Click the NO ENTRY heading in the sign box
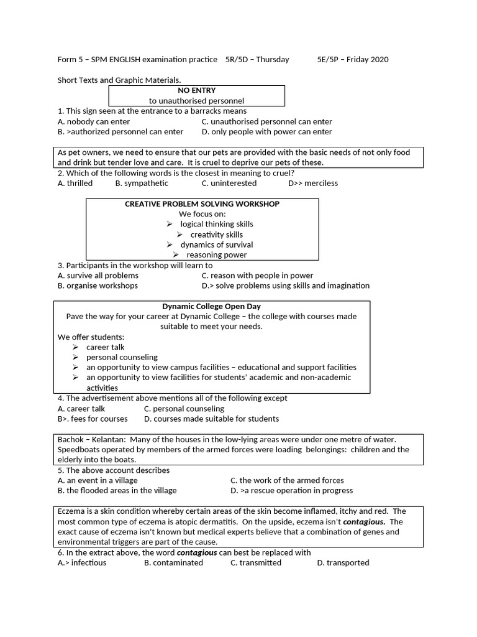[197, 91]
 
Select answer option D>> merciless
[313, 184]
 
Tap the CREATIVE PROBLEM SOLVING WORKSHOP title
[202, 204]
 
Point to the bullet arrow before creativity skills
[179, 235]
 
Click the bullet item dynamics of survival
[217, 244]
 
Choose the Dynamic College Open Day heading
[212, 306]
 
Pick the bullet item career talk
[106, 347]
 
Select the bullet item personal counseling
[122, 357]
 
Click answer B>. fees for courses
[93, 419]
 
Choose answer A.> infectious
[82, 562]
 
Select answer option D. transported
[343, 562]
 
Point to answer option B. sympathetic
[142, 184]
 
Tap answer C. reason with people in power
[257, 276]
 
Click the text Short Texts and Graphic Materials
[119, 80]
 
